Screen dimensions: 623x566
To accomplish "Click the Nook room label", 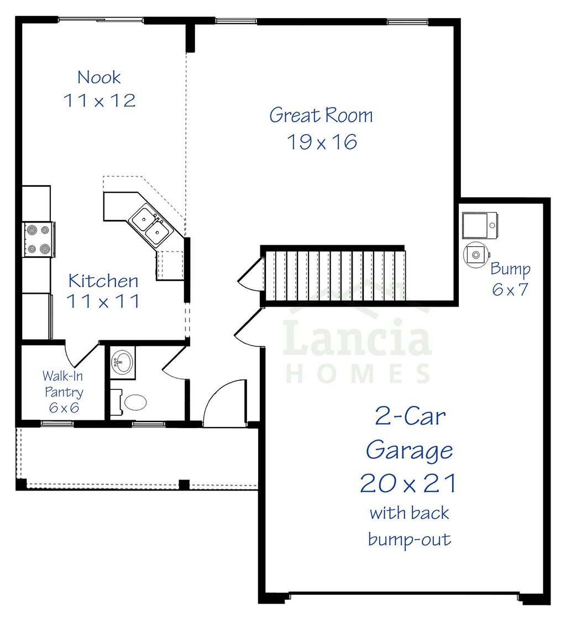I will tap(99, 77).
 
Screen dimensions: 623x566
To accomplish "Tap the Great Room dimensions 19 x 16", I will tap(322, 142).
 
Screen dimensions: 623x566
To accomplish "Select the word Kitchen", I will tap(103, 281).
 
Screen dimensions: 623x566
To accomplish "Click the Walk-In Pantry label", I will tap(64, 392).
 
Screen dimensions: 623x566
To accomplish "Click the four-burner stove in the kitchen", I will tap(38, 239).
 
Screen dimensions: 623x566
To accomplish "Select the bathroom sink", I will tap(123, 363).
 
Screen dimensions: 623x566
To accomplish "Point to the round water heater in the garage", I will tap(476, 255).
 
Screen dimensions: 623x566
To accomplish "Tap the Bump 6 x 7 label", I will tap(510, 279).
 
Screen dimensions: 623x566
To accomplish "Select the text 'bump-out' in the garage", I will tap(409, 538).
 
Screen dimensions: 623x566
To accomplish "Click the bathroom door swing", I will tap(174, 365).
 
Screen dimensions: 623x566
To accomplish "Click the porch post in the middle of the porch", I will tap(184, 484).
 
